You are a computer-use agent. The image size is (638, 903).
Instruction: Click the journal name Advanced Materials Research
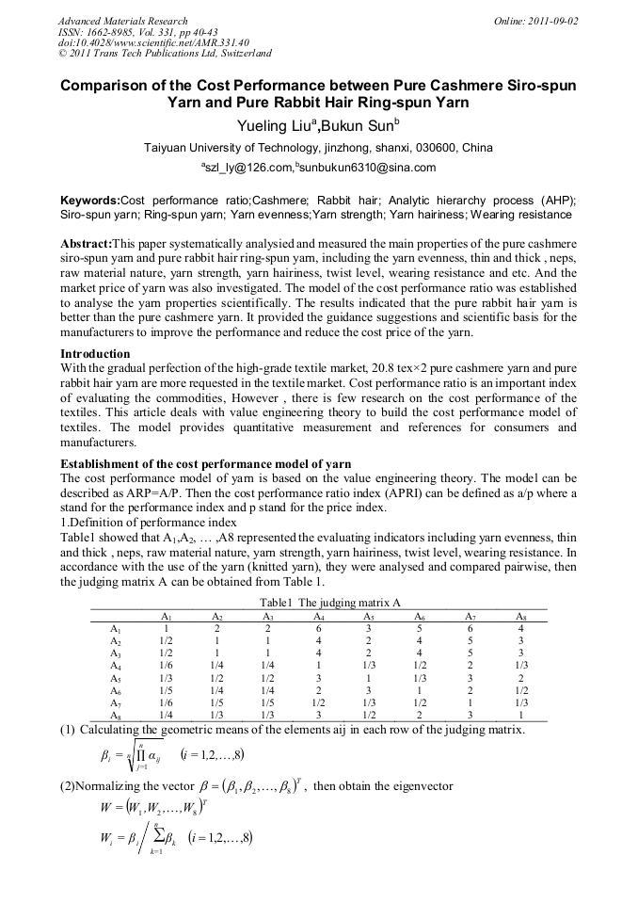122,21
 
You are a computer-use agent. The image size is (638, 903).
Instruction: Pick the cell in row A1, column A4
319,628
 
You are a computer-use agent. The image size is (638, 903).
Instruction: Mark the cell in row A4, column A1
166,665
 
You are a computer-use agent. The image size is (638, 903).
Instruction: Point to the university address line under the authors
318,148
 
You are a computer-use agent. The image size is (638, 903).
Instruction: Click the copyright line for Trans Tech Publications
165,54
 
